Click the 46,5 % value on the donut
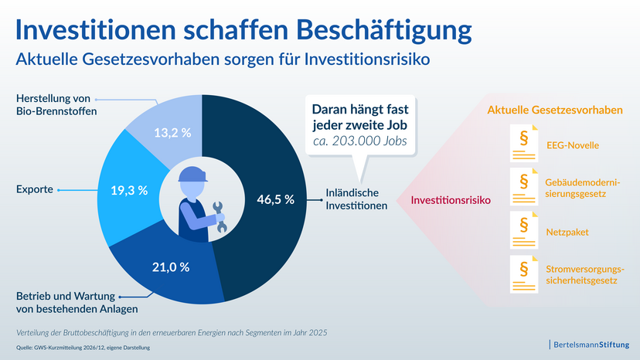pyautogui.click(x=275, y=199)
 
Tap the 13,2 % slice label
pyautogui.click(x=172, y=133)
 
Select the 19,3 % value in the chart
pyautogui.click(x=129, y=190)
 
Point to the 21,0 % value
pyautogui.click(x=171, y=267)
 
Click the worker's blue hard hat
pyautogui.click(x=192, y=175)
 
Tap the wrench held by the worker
pyautogui.click(x=220, y=217)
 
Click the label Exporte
pyautogui.click(x=35, y=189)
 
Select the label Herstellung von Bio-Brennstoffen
pyautogui.click(x=56, y=105)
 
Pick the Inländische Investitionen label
pyautogui.click(x=356, y=199)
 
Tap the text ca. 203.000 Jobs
pyautogui.click(x=360, y=141)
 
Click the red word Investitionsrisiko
pyautogui.click(x=451, y=200)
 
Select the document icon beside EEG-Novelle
pyautogui.click(x=524, y=143)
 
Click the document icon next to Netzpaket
pyautogui.click(x=524, y=230)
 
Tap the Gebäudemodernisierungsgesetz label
pyautogui.click(x=583, y=188)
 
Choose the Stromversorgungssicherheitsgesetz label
pyautogui.click(x=585, y=275)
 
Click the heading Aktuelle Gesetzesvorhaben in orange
pyautogui.click(x=555, y=110)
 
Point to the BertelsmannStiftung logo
pyautogui.click(x=590, y=345)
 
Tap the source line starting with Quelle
pyautogui.click(x=83, y=348)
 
